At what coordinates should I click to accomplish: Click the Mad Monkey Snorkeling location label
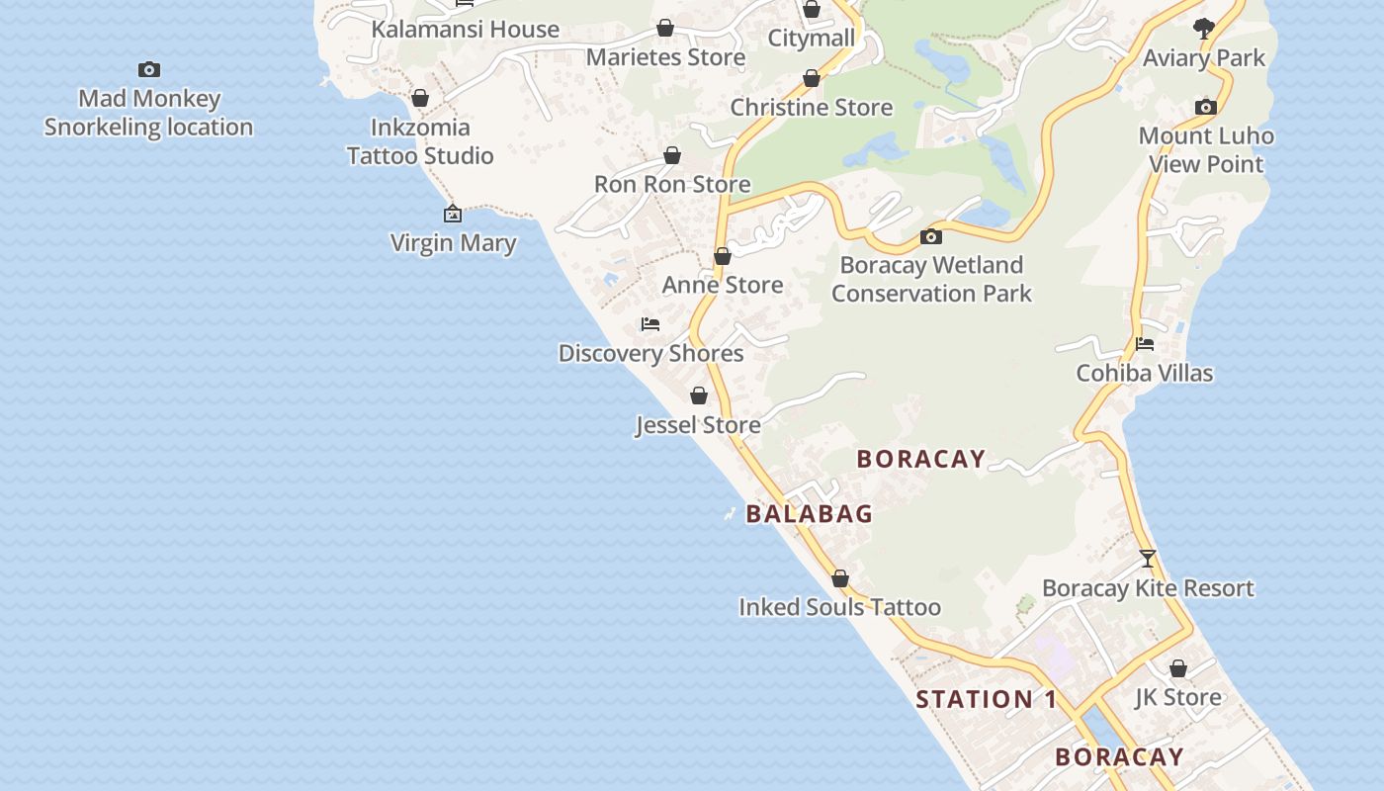tap(148, 113)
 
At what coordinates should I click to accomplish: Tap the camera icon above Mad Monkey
tap(149, 69)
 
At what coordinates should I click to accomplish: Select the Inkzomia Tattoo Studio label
tap(420, 141)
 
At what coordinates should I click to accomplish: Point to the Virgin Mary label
tap(453, 242)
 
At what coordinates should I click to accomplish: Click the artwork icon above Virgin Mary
tap(453, 214)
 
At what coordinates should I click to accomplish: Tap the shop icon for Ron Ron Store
tap(672, 155)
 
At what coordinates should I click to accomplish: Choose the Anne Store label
tap(723, 285)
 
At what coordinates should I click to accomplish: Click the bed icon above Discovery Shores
tap(650, 324)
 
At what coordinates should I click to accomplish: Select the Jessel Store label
tap(698, 425)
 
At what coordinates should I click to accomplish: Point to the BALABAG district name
tap(810, 514)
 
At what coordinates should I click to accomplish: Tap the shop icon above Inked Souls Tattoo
tap(840, 578)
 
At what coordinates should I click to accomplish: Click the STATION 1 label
tap(986, 700)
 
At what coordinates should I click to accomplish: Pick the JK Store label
tap(1177, 697)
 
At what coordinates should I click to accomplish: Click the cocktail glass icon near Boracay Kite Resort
tap(1148, 559)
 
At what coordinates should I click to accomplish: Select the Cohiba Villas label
tap(1145, 373)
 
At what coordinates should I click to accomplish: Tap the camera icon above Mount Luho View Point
tap(1206, 107)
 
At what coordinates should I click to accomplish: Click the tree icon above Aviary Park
tap(1204, 29)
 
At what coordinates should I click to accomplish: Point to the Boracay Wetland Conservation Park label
tap(931, 279)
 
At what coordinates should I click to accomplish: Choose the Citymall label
tap(812, 39)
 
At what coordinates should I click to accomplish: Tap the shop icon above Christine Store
tap(812, 78)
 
